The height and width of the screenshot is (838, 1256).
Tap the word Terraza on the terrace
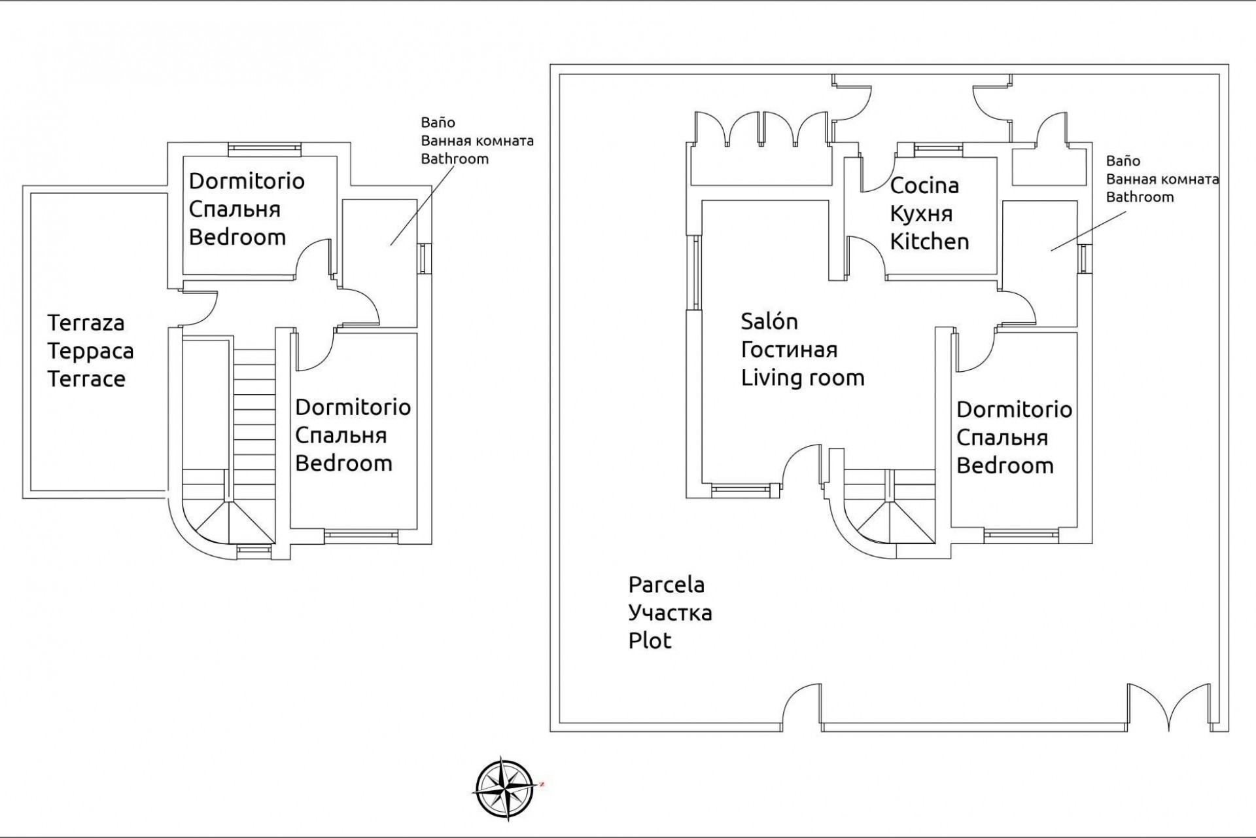tap(86, 323)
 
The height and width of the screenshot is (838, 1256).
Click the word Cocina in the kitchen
tap(924, 186)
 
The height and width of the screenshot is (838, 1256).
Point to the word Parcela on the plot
tap(666, 585)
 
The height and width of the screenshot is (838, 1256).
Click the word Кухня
tap(921, 214)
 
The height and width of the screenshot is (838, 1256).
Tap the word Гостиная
tap(789, 350)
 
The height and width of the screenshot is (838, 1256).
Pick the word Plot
tap(650, 641)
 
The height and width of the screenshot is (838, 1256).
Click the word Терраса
tap(90, 351)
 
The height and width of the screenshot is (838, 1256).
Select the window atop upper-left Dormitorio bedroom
tap(264, 150)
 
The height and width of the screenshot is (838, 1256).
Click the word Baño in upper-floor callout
tap(438, 122)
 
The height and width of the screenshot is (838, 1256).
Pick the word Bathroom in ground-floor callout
tap(1140, 197)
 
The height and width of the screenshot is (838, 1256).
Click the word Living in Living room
tap(769, 378)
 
